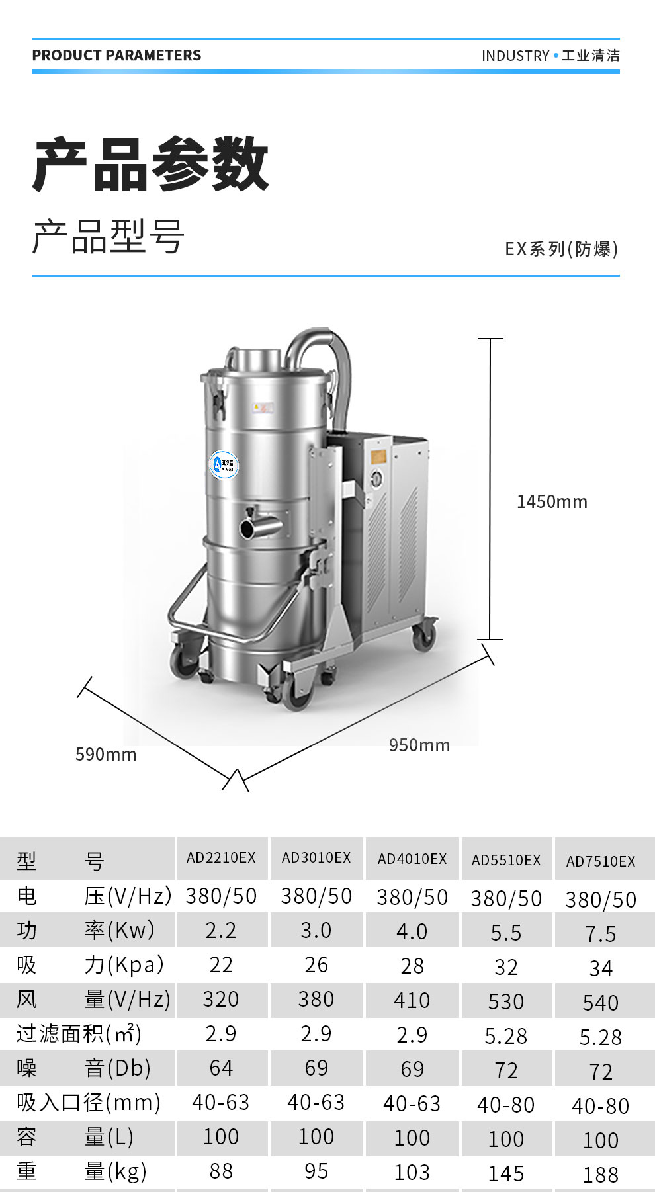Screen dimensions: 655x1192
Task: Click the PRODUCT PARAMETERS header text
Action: click(x=116, y=55)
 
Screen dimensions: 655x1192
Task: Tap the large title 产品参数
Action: click(x=151, y=163)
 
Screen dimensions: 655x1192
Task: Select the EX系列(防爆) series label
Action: click(x=562, y=249)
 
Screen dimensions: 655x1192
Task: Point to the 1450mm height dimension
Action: click(x=552, y=501)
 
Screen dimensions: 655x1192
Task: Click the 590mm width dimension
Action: click(x=106, y=754)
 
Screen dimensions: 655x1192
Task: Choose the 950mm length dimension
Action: click(x=419, y=745)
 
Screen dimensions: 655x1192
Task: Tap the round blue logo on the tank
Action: click(x=224, y=464)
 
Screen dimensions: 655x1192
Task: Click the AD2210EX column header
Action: click(x=221, y=857)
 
